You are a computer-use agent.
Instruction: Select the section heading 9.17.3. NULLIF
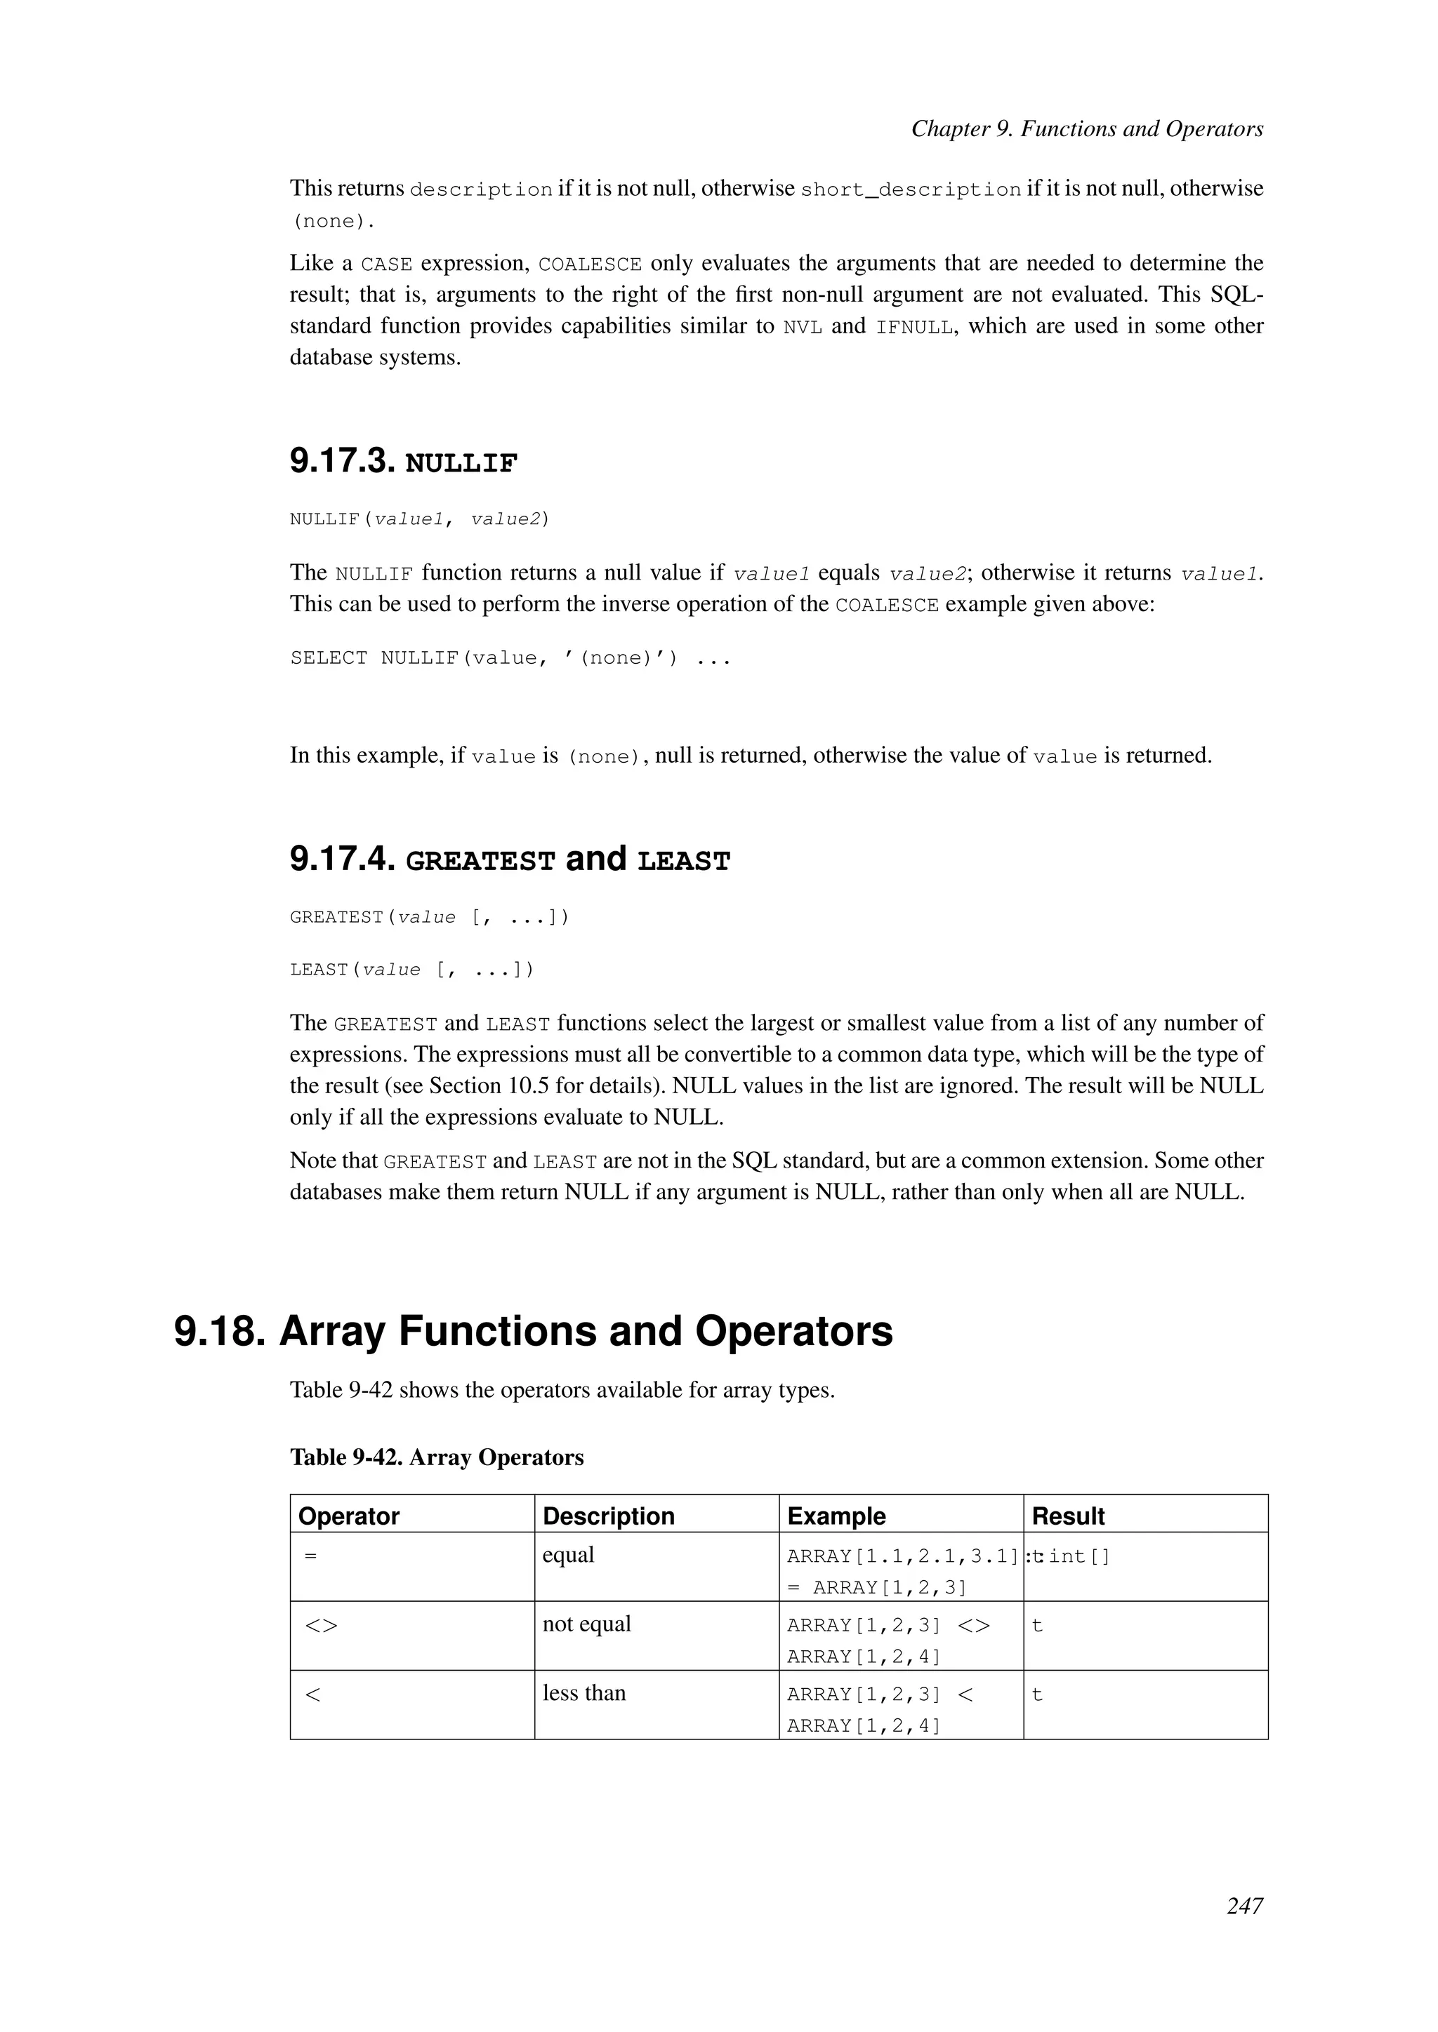[403, 461]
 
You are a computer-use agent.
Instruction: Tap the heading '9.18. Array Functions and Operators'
[533, 1331]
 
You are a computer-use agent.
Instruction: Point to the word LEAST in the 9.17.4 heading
[684, 861]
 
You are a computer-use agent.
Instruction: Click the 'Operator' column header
[349, 1516]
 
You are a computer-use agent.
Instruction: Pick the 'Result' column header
[1068, 1516]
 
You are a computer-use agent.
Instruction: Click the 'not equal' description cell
[586, 1624]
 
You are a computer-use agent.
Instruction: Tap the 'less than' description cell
[583, 1693]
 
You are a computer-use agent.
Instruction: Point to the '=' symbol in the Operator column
[310, 1556]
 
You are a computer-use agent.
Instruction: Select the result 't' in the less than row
[1037, 1695]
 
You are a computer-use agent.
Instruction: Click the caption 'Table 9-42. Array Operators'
[437, 1457]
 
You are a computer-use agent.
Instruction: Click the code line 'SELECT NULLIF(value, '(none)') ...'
[510, 657]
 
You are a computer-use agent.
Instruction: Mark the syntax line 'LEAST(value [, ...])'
[411, 969]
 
